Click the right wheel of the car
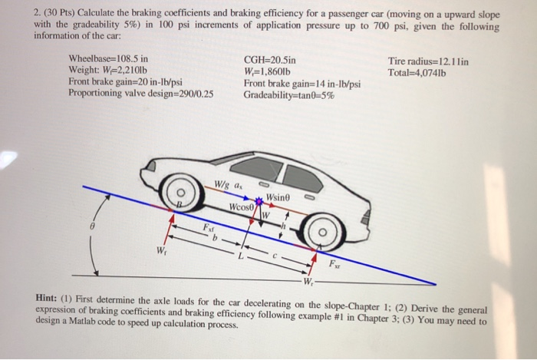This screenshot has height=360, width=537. tap(321, 229)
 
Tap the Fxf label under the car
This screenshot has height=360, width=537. tap(209, 228)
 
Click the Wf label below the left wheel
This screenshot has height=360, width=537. tap(160, 250)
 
